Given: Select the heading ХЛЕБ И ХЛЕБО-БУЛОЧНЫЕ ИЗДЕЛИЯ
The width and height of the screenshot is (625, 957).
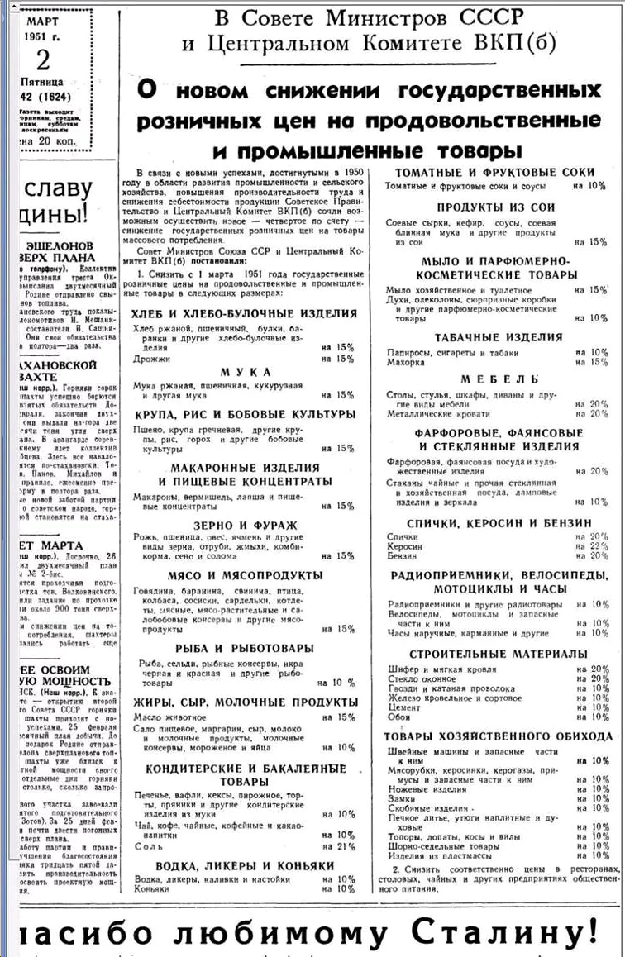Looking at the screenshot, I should [x=245, y=313].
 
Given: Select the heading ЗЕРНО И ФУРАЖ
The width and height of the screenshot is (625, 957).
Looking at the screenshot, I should [x=245, y=525].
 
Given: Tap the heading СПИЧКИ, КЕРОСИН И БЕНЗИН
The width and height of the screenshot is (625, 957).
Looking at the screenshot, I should [x=499, y=523].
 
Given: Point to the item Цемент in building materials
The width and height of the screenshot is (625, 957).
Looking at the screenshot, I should [x=404, y=707].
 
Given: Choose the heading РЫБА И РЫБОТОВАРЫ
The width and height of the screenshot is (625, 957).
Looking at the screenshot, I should [x=245, y=648].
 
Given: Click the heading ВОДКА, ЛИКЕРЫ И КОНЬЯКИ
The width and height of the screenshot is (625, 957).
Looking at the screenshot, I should [x=245, y=865].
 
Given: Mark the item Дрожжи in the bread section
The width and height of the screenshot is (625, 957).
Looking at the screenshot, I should [x=150, y=358].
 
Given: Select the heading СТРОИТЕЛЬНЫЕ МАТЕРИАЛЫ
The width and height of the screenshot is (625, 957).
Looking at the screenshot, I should [x=499, y=654].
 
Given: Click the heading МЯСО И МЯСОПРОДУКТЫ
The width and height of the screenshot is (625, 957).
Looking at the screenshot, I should [x=245, y=575].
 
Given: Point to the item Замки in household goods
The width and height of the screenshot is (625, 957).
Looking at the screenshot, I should [x=402, y=799].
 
